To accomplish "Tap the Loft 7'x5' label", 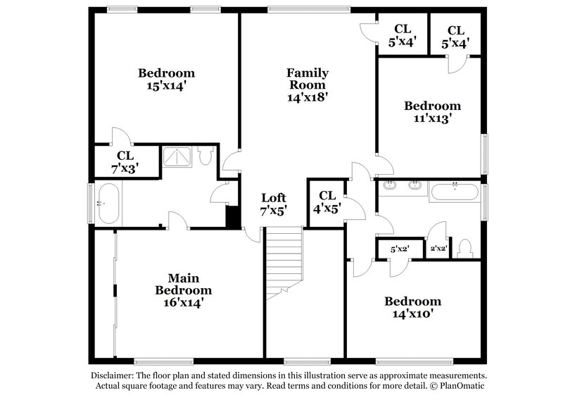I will [274, 204].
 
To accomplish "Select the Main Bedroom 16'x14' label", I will [184, 290].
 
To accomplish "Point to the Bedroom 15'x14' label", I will [166, 79].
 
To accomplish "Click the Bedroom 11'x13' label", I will [432, 112].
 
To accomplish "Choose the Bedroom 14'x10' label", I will [412, 308].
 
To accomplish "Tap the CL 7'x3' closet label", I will [125, 161].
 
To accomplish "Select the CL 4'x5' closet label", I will [327, 202].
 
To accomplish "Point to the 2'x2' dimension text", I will [438, 249].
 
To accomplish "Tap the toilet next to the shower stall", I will [204, 155].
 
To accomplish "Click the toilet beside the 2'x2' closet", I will [464, 249].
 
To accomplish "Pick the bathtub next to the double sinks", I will [455, 192].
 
